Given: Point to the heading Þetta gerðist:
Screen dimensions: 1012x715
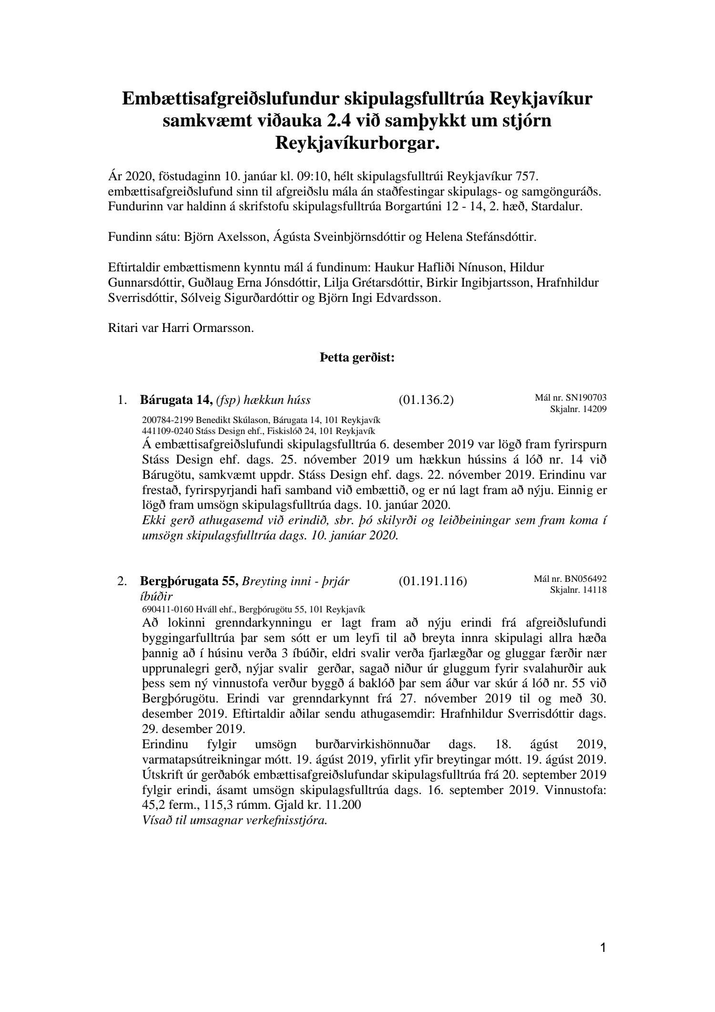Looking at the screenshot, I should coord(357,358).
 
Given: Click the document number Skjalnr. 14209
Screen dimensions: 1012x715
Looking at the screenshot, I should coord(578,409).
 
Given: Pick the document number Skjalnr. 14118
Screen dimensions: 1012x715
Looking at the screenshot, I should coord(578,590).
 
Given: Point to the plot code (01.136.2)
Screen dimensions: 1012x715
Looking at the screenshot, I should coord(426,400).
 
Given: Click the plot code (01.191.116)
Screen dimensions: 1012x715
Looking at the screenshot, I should coord(432,581).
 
